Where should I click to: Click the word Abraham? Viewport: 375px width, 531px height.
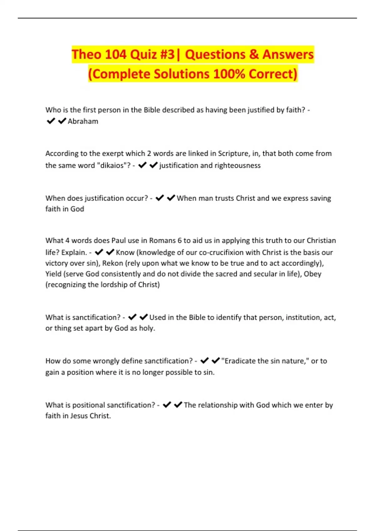point(83,121)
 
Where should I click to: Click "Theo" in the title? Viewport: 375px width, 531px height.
point(86,54)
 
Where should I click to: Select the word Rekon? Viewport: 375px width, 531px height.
point(112,263)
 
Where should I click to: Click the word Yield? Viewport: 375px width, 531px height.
point(53,274)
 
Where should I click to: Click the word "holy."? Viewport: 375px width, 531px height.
point(147,328)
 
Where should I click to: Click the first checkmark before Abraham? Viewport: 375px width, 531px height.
point(51,121)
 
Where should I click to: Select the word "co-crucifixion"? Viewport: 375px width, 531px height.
point(221,252)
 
